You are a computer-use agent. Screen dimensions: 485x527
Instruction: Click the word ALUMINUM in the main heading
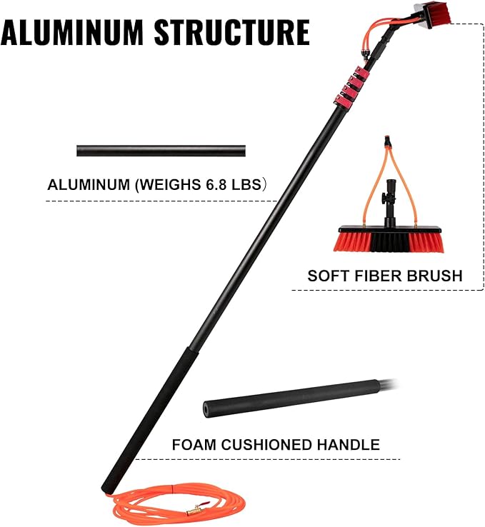pyautogui.click(x=72, y=33)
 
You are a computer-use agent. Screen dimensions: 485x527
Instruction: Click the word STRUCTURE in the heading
pyautogui.click(x=232, y=33)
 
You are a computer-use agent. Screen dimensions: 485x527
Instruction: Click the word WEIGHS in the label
pyautogui.click(x=169, y=184)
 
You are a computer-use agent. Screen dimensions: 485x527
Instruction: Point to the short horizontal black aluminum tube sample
pyautogui.click(x=161, y=151)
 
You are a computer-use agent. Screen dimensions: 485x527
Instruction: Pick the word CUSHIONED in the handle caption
pyautogui.click(x=267, y=445)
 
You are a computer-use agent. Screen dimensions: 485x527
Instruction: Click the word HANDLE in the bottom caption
pyautogui.click(x=349, y=445)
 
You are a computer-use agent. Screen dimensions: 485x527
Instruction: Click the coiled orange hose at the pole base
pyautogui.click(x=177, y=505)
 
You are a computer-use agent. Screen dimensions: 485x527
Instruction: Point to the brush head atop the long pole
pyautogui.click(x=433, y=14)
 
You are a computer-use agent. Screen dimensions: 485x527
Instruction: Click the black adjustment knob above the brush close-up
pyautogui.click(x=384, y=197)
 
